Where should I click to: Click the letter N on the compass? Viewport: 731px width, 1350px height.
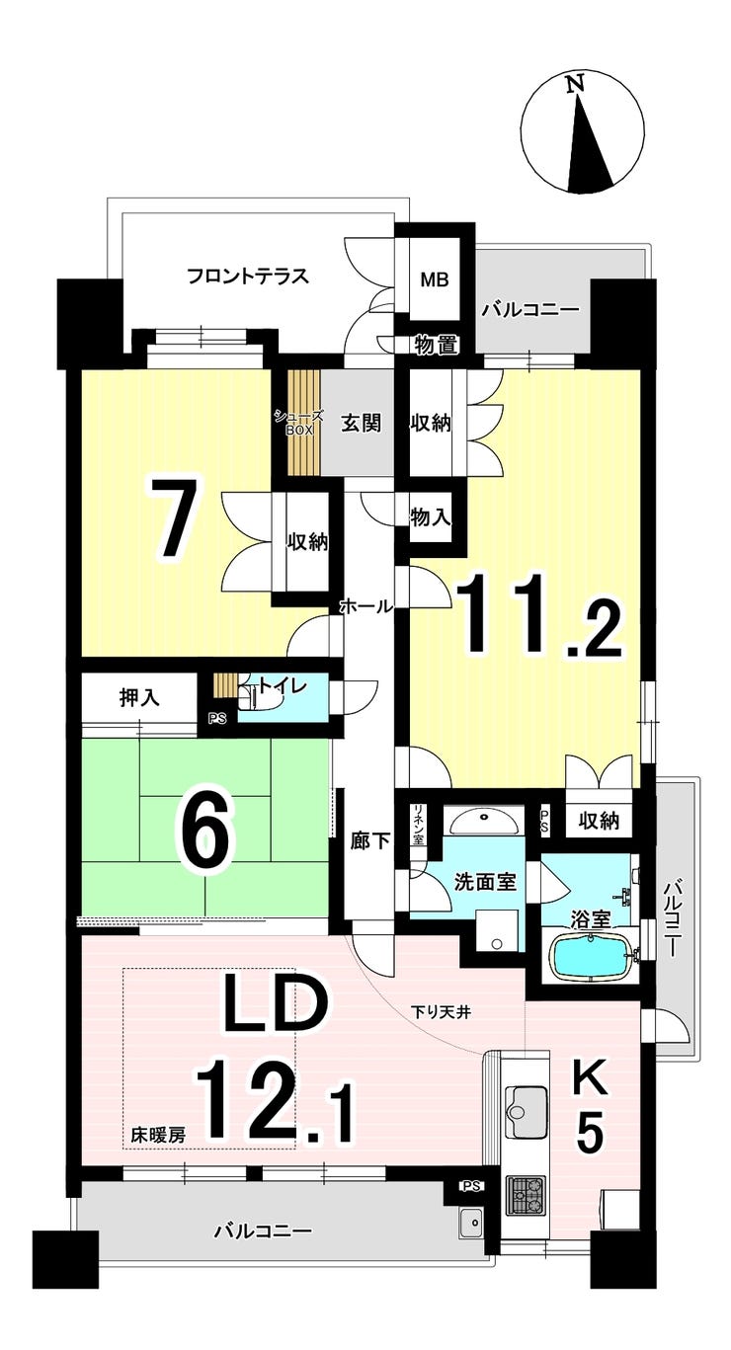(x=573, y=86)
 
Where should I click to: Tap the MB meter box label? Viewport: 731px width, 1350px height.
(x=435, y=278)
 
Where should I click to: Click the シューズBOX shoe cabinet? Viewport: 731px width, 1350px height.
(x=299, y=422)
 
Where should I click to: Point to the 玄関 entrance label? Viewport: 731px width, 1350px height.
(x=361, y=423)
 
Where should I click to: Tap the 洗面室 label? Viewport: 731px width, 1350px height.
(x=484, y=881)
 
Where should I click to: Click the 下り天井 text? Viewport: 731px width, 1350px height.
(x=437, y=1011)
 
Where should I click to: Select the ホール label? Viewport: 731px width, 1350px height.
(x=365, y=606)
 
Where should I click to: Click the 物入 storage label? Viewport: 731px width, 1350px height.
(x=431, y=516)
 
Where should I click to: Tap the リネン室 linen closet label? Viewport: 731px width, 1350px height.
(x=418, y=826)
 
